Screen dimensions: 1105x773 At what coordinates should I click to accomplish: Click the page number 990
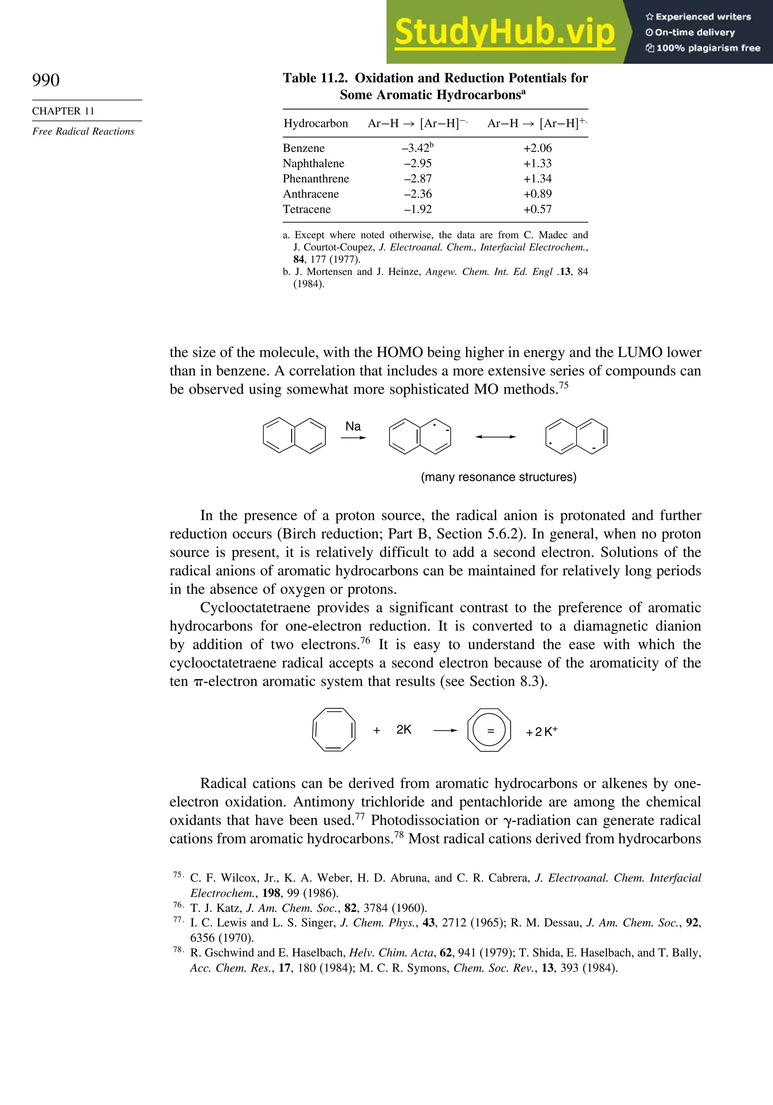[x=46, y=80]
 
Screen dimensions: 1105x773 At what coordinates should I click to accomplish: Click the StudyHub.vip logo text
[x=505, y=32]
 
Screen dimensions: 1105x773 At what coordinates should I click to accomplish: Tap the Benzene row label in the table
[x=303, y=148]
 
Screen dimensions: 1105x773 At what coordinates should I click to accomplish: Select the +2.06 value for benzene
[x=537, y=148]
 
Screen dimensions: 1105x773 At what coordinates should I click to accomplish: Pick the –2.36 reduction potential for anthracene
[x=417, y=194]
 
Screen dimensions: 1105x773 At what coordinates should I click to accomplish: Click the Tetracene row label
[x=306, y=209]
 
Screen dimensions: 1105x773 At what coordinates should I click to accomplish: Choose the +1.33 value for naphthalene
[x=537, y=164]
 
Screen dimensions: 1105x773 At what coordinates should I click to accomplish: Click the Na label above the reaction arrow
[x=353, y=426]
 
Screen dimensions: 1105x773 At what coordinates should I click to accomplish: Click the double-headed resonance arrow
[x=496, y=437]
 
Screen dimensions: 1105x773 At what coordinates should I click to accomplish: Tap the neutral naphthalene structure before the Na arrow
[x=294, y=437]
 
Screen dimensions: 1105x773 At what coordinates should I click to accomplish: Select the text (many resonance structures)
[x=498, y=477]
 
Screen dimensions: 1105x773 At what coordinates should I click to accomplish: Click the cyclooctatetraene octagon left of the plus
[x=334, y=730]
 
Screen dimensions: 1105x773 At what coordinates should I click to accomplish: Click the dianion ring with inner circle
[x=489, y=730]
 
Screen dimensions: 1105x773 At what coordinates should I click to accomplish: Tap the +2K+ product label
[x=541, y=732]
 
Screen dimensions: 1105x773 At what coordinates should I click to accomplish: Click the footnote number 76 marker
[x=178, y=905]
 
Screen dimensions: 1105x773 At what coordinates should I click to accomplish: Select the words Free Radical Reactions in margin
[x=83, y=131]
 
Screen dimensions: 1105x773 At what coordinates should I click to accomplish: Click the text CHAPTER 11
[x=63, y=111]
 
